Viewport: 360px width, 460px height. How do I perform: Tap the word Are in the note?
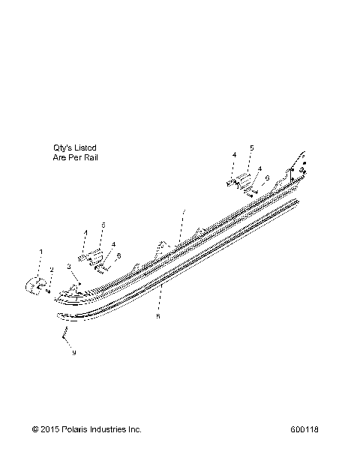click(60, 158)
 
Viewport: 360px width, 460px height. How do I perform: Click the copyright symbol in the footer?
click(35, 429)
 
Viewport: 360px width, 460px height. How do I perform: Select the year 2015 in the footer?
click(49, 429)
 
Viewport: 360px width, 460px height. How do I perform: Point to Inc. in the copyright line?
click(135, 429)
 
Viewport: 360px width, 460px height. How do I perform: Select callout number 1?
click(41, 251)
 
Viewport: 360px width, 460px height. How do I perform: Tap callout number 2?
click(52, 270)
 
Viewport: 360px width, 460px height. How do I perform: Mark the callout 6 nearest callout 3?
click(118, 255)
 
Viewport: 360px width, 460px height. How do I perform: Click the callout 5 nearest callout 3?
click(103, 225)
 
